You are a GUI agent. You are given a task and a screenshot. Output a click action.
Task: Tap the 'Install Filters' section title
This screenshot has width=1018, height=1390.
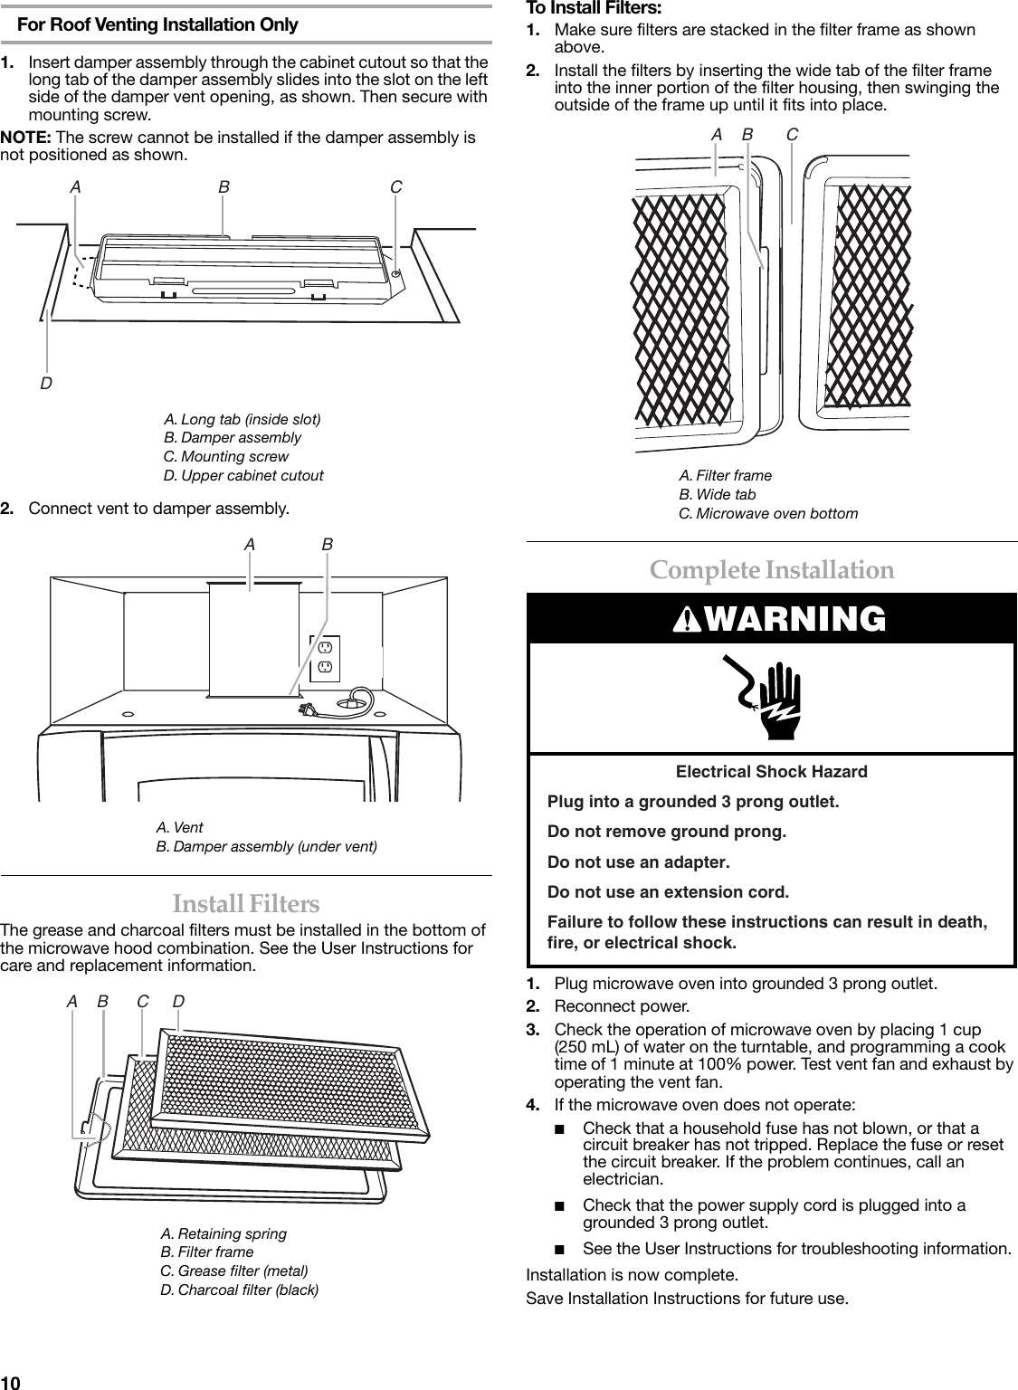pyautogui.click(x=245, y=903)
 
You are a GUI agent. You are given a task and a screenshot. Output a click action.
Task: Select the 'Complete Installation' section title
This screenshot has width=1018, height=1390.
pyautogui.click(x=772, y=570)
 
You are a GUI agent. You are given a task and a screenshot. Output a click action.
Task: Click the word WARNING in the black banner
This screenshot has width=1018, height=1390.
pyautogui.click(x=783, y=619)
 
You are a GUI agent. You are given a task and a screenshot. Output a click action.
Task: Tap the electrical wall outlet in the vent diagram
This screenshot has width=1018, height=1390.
pyautogui.click(x=326, y=658)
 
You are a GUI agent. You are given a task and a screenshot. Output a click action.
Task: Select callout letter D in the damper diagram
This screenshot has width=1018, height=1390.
pyautogui.click(x=45, y=384)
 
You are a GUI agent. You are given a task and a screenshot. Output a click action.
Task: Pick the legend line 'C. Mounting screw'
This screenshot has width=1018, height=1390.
pyautogui.click(x=225, y=456)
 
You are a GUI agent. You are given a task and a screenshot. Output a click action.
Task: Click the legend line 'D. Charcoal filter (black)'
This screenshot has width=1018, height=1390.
pyautogui.click(x=239, y=1289)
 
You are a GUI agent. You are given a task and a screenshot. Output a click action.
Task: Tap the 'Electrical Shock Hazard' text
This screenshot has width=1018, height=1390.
pyautogui.click(x=771, y=772)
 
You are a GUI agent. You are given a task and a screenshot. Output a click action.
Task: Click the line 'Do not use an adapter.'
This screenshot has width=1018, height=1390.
pyautogui.click(x=639, y=862)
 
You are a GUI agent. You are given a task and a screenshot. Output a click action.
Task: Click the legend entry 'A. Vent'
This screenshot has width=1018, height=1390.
pyautogui.click(x=179, y=827)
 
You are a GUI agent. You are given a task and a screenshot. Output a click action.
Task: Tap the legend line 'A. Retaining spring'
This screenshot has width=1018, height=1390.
pyautogui.click(x=223, y=1233)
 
